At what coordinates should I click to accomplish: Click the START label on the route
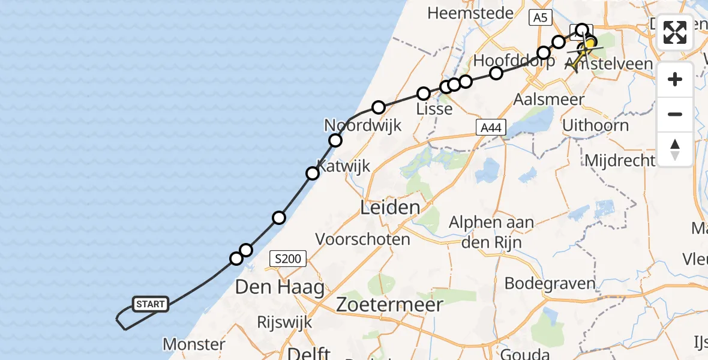click(150, 304)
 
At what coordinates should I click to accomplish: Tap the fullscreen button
click(675, 32)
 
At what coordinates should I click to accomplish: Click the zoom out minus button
click(675, 114)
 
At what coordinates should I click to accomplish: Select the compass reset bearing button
click(675, 149)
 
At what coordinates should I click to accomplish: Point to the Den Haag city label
click(280, 287)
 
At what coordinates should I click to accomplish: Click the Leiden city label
click(390, 208)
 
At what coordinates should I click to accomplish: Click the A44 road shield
click(491, 127)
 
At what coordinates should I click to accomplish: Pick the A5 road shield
click(540, 18)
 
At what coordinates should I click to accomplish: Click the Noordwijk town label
click(362, 125)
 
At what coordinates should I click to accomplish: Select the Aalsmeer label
click(549, 100)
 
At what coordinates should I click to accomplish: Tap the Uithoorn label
click(595, 126)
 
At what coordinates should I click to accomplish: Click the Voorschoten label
click(363, 239)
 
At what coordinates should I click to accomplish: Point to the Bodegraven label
click(550, 283)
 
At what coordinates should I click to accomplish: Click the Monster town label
click(194, 344)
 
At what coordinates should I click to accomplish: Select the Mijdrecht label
click(619, 160)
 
